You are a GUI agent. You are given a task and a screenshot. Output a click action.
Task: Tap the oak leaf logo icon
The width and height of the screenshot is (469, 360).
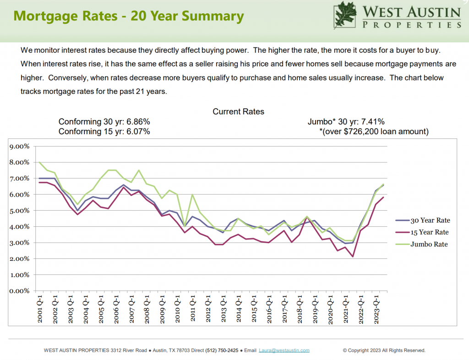pyautogui.click(x=346, y=15)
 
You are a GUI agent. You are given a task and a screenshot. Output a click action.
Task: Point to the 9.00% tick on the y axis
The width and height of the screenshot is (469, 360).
pyautogui.click(x=20, y=147)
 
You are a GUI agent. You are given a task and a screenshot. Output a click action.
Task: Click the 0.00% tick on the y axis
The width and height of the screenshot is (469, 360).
pyautogui.click(x=20, y=291)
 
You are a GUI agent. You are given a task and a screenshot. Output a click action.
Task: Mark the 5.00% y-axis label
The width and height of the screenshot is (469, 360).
pyautogui.click(x=20, y=211)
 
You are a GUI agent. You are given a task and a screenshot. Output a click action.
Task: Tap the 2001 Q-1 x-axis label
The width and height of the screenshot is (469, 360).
pyautogui.click(x=40, y=309)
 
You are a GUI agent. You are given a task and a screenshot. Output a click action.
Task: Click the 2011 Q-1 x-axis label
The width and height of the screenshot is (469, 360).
pyautogui.click(x=193, y=309)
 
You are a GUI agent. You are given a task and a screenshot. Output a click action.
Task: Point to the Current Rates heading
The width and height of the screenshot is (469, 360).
pyautogui.click(x=238, y=112)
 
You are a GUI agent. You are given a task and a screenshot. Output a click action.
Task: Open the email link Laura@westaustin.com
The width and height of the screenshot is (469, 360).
pyautogui.click(x=284, y=350)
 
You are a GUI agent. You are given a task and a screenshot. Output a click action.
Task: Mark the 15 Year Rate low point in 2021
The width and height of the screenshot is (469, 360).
pyautogui.click(x=353, y=256)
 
